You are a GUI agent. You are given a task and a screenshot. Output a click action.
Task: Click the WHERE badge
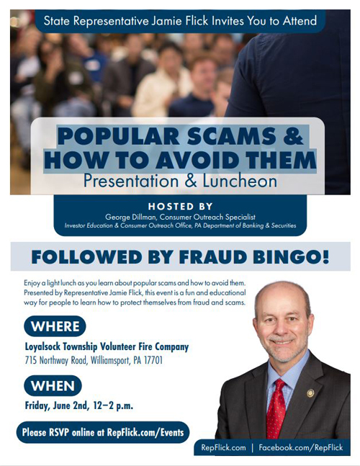[x=55, y=326]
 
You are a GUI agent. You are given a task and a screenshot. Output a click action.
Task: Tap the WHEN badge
[x=53, y=386]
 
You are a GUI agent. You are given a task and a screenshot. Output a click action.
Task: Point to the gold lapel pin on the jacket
[x=310, y=393]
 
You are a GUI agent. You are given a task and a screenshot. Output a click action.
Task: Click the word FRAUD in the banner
[x=212, y=257]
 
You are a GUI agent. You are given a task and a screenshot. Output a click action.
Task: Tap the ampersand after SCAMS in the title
[x=292, y=136]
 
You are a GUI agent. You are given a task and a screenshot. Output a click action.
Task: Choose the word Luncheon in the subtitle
[x=240, y=181]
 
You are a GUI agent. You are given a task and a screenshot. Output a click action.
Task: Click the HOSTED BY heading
[x=180, y=206]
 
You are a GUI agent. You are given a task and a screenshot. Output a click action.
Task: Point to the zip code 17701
[x=153, y=361]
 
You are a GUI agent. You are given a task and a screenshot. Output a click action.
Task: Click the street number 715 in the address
[x=31, y=361]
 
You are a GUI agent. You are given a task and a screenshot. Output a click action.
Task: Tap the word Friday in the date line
[x=37, y=406]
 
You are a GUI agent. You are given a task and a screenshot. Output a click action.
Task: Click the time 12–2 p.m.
[x=113, y=406]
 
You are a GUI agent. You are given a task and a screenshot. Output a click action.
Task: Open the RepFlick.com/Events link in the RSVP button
[x=145, y=432]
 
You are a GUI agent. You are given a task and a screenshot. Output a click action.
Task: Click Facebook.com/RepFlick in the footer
[x=300, y=447]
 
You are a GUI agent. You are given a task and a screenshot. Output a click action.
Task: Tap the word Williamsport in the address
[x=110, y=361]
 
